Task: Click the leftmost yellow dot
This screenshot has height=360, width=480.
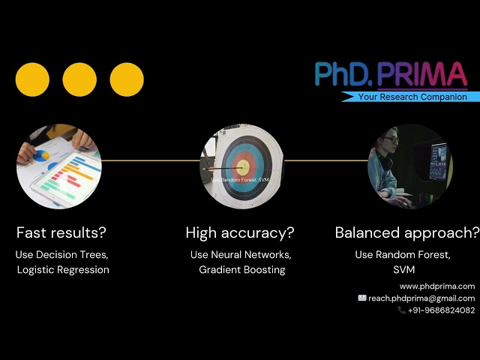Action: coord(32,79)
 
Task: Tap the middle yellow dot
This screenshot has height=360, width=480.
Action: coord(79,79)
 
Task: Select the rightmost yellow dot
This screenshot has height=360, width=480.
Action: coord(127,79)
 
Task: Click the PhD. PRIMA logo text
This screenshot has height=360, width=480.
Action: coord(391,75)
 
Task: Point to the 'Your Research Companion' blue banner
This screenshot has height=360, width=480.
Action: coord(411,97)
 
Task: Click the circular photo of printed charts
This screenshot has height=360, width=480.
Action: coord(58,166)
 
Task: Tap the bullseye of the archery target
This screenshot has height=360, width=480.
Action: coord(241,166)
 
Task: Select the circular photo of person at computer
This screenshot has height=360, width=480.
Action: coord(409,166)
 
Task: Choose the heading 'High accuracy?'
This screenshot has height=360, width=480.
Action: coord(240,232)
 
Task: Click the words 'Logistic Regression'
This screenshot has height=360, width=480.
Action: coord(63,269)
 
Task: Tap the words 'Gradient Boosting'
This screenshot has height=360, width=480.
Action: coord(241,269)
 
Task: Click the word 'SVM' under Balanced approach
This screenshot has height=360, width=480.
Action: coord(403,269)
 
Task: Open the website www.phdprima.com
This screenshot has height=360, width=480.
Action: coord(436,286)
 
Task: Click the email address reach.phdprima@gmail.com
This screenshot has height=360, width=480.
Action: coord(421,298)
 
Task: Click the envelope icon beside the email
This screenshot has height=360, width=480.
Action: coord(362,298)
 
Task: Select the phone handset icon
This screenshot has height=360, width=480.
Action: coord(402,310)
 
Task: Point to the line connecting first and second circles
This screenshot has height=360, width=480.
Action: coord(150,160)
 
